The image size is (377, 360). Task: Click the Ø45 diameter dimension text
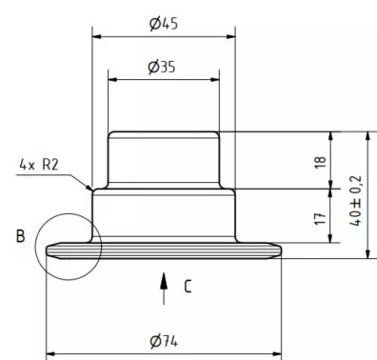tap(164, 24)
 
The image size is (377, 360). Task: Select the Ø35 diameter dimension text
tap(162, 67)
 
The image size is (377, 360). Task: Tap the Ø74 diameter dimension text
tap(164, 342)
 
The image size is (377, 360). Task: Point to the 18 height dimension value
tap(321, 162)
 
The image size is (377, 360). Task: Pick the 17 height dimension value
tap(321, 218)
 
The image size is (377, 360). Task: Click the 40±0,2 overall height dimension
tap(356, 200)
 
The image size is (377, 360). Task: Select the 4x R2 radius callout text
tap(39, 165)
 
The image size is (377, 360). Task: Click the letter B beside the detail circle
tap(20, 236)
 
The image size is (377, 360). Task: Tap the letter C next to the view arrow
tap(188, 286)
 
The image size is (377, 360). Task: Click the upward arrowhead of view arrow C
tap(164, 280)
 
